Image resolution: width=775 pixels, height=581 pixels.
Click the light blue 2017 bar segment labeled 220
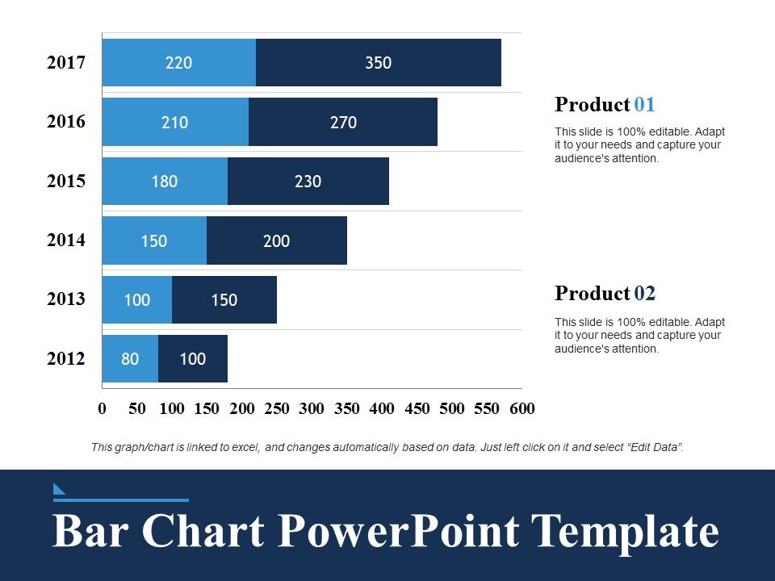(x=178, y=63)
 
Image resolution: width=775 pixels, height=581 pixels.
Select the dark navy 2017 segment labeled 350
(x=378, y=63)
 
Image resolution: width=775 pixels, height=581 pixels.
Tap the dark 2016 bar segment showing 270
(x=342, y=123)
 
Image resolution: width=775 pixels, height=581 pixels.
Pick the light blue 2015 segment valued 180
(x=165, y=182)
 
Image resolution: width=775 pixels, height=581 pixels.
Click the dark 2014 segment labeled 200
(x=276, y=240)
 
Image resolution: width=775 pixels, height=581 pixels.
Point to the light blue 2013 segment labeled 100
(x=136, y=300)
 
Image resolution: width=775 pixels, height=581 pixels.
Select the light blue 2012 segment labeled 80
(x=130, y=359)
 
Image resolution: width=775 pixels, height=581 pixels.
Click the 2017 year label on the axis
(x=66, y=63)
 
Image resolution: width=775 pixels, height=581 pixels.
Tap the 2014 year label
(x=66, y=240)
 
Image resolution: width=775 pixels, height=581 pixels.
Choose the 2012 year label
(x=66, y=359)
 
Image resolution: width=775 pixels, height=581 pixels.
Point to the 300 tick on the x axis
(x=312, y=408)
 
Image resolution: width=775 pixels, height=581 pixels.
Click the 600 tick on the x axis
(x=522, y=408)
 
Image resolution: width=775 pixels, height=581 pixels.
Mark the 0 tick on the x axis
(x=103, y=408)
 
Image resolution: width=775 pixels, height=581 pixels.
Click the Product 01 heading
(x=605, y=105)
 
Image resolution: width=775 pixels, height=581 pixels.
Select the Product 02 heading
(x=605, y=294)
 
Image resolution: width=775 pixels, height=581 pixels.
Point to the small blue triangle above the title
(x=59, y=487)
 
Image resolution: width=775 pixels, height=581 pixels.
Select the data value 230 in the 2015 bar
(x=308, y=182)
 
